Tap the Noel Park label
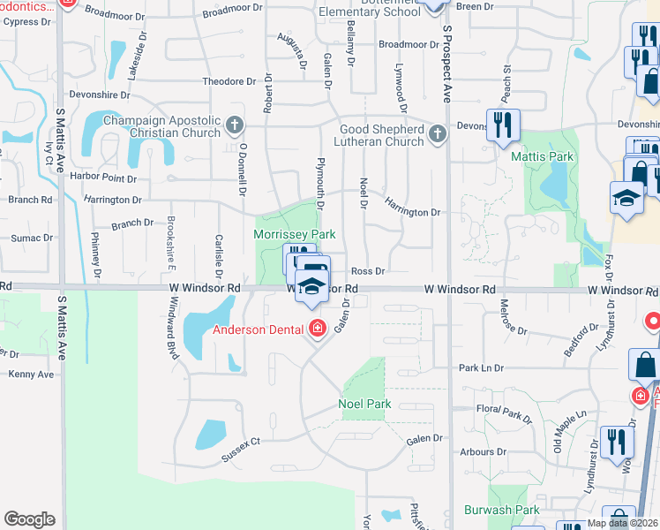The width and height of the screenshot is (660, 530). tap(364, 405)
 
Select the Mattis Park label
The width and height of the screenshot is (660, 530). tap(542, 156)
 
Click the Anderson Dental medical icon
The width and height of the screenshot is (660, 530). tap(317, 330)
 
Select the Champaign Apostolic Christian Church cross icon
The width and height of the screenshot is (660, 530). tap(235, 125)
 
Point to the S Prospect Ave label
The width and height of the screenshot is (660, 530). tap(447, 64)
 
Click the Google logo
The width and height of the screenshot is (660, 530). tap(30, 519)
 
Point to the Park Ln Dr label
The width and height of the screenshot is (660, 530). tap(481, 367)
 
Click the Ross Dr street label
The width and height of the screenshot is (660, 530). tap(368, 272)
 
